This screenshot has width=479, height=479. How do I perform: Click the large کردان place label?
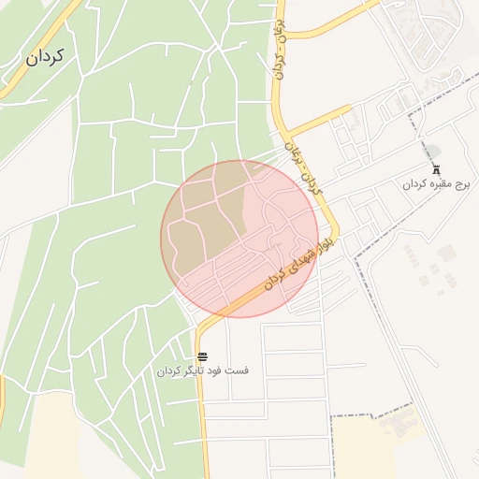(x=45, y=57)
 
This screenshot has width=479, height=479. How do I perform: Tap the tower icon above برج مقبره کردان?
(x=436, y=168)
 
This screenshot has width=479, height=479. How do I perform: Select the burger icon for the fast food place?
(x=203, y=356)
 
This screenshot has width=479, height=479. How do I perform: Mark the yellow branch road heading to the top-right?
(x=337, y=21)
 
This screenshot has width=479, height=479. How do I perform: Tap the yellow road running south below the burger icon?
(x=203, y=421)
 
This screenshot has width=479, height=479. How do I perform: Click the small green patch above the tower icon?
(x=432, y=151)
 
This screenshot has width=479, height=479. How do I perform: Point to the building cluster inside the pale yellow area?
(x=398, y=426)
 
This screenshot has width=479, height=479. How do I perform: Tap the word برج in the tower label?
(x=462, y=184)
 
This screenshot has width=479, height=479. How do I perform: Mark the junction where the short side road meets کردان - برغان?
(x=287, y=136)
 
